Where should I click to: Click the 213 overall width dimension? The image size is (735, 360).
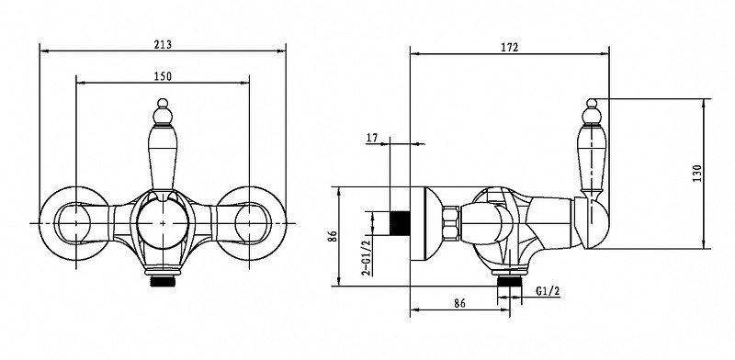click(163, 44)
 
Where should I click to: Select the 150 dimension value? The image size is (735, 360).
click(163, 76)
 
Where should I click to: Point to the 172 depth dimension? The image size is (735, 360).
click(510, 48)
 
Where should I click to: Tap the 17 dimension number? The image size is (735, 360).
click(372, 138)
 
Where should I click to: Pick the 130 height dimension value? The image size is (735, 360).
click(697, 174)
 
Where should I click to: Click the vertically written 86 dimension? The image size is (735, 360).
click(333, 236)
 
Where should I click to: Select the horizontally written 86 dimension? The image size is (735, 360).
click(460, 303)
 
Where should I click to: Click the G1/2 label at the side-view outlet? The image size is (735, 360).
click(548, 291)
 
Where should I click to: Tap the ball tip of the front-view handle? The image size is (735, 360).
click(163, 104)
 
